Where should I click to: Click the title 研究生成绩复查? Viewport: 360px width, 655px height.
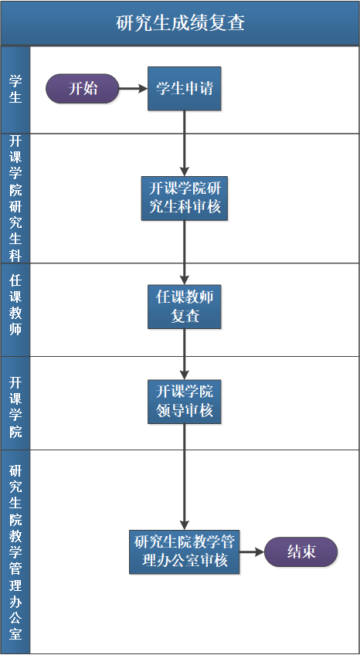pyautogui.click(x=180, y=22)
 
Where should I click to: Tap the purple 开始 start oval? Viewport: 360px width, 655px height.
pyautogui.click(x=83, y=89)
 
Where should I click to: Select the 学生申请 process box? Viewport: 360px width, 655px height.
pyautogui.click(x=185, y=89)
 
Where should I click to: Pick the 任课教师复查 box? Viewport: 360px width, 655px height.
pyautogui.click(x=185, y=306)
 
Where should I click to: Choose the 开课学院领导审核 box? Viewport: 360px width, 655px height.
pyautogui.click(x=185, y=401)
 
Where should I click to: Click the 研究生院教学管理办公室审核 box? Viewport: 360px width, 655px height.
pyautogui.click(x=185, y=551)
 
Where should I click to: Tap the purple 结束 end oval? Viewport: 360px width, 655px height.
pyautogui.click(x=301, y=551)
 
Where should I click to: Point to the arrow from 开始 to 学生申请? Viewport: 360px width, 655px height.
pyautogui.click(x=133, y=89)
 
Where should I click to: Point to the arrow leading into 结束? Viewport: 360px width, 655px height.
pyautogui.click(x=252, y=551)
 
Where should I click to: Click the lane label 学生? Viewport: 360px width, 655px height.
pyautogui.click(x=15, y=89)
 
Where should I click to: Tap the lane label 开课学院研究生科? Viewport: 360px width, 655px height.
pyautogui.click(x=15, y=198)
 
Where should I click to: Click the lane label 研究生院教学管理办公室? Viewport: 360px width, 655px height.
pyautogui.click(x=15, y=551)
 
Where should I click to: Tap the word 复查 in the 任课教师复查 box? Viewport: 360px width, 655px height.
pyautogui.click(x=185, y=316)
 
